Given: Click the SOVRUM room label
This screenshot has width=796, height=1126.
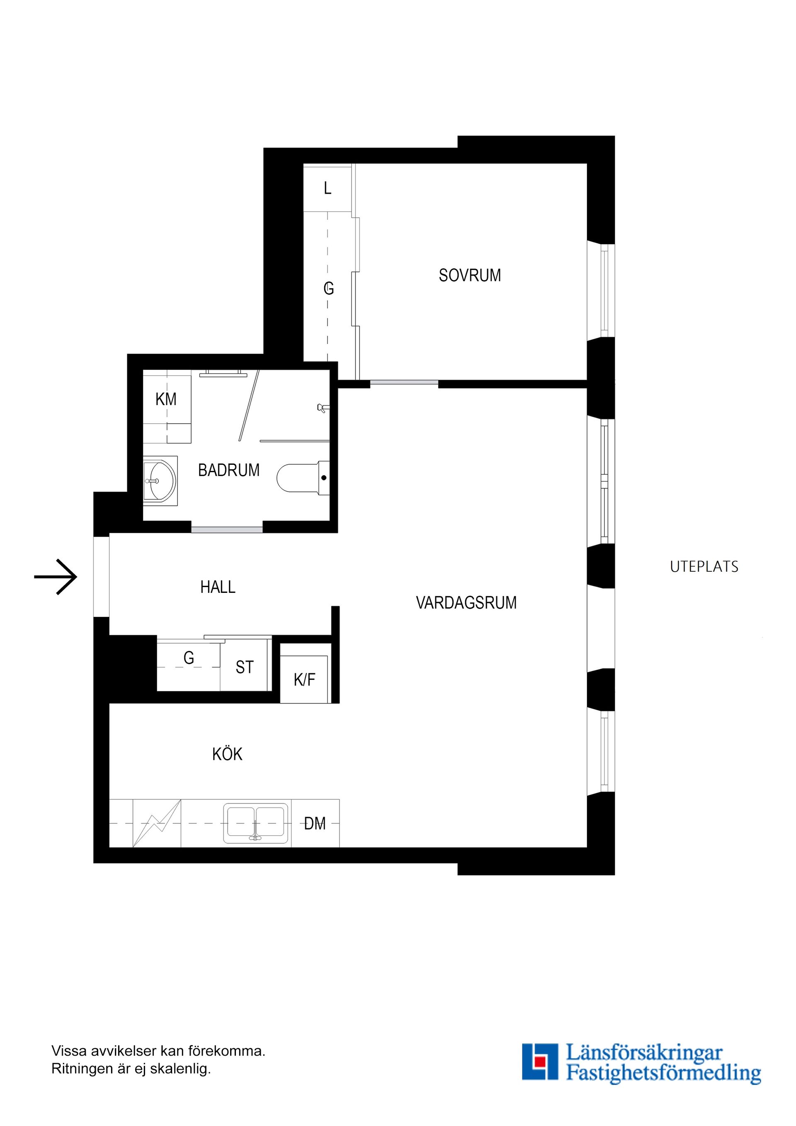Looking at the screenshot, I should click(x=469, y=275).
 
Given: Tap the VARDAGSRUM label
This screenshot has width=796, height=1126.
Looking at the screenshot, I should click(x=466, y=602).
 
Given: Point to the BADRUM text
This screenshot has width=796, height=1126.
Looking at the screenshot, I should click(x=228, y=470).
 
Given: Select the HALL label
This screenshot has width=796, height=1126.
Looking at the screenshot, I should click(x=218, y=587).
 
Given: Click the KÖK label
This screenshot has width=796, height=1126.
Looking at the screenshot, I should click(x=227, y=754).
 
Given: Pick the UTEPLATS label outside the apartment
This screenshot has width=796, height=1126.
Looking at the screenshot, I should click(x=704, y=567).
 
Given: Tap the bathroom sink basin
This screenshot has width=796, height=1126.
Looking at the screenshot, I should click(x=160, y=480).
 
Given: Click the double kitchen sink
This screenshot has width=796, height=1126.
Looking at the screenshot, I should click(x=255, y=823).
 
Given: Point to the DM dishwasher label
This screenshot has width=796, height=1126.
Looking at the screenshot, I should click(x=315, y=823).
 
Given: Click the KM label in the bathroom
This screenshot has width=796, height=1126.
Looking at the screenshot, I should click(x=166, y=399).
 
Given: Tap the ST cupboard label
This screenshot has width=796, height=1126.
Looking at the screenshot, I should click(x=245, y=667).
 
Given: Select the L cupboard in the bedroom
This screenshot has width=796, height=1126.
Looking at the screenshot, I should click(x=328, y=188).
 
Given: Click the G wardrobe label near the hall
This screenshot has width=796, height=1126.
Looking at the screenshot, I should click(x=189, y=658).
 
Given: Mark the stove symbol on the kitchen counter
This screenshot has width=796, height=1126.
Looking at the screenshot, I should click(x=156, y=823).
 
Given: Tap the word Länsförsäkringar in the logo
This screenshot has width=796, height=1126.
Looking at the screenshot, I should click(x=644, y=1053).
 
